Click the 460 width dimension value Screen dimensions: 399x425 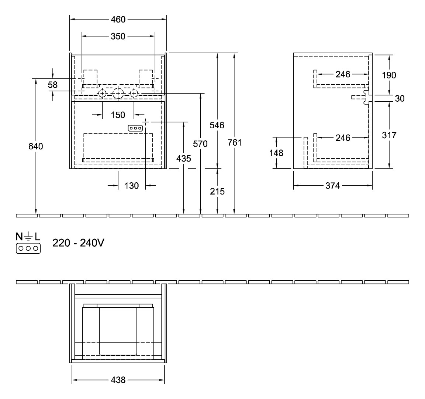pyautogui.click(x=118, y=19)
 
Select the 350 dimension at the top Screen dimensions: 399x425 pyautogui.click(x=118, y=36)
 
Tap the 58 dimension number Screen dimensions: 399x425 pyautogui.click(x=53, y=85)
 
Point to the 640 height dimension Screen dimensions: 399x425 pyautogui.click(x=36, y=146)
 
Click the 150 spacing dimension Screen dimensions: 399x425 pyautogui.click(x=118, y=115)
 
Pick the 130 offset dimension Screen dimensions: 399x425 pyautogui.click(x=132, y=186)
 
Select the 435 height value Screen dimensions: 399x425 pyautogui.click(x=184, y=159)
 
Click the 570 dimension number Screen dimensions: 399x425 pyautogui.click(x=200, y=143)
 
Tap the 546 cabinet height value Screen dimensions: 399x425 pyautogui.click(x=217, y=125)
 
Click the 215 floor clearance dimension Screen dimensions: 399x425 pyautogui.click(x=217, y=191)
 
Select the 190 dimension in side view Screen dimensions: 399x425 pyautogui.click(x=389, y=75)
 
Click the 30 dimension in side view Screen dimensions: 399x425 pyautogui.click(x=400, y=98)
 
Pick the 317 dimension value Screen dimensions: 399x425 pyautogui.click(x=389, y=135)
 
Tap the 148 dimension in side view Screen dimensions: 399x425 pyautogui.click(x=276, y=152)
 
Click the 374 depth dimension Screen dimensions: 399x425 pyautogui.click(x=332, y=186)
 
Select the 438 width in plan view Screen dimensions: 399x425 pyautogui.click(x=118, y=380)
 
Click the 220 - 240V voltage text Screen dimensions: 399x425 pyautogui.click(x=78, y=243)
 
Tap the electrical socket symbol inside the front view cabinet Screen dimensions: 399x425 pyautogui.click(x=135, y=128)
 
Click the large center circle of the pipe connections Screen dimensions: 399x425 pyautogui.click(x=118, y=94)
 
